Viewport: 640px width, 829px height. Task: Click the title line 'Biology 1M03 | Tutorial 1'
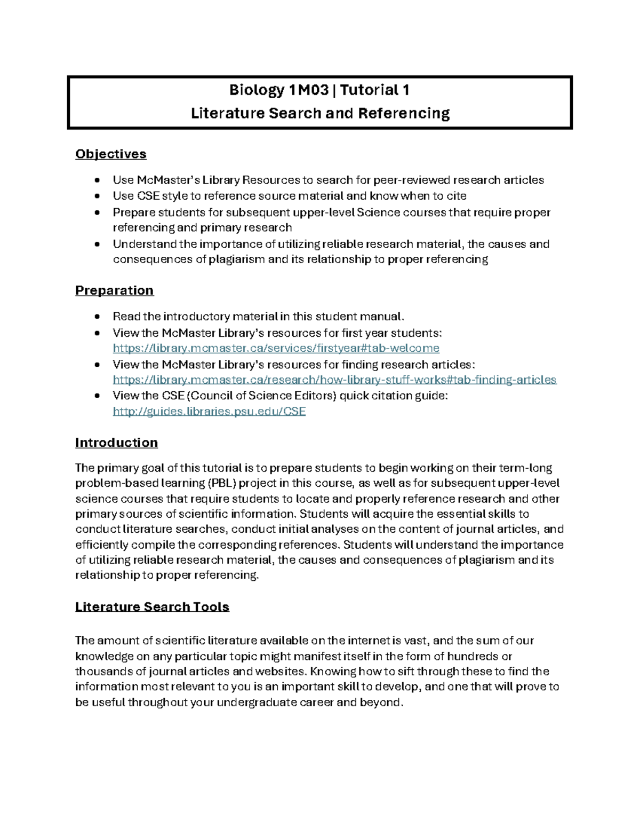click(x=319, y=90)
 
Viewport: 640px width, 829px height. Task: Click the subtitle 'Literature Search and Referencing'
click(x=320, y=113)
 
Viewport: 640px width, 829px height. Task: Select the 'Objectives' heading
click(x=110, y=154)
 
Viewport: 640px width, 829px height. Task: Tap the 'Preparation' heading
click(x=114, y=290)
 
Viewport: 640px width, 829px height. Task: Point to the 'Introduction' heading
click(x=116, y=443)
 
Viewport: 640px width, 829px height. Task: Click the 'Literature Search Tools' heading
click(x=152, y=607)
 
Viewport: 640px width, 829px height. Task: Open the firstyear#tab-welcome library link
click(x=276, y=349)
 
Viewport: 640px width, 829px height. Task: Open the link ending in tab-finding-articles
click(x=334, y=380)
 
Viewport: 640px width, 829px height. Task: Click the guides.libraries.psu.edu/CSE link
click(x=209, y=411)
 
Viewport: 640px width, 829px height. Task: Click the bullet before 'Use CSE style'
click(x=97, y=196)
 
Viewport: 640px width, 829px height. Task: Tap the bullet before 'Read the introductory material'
click(x=97, y=317)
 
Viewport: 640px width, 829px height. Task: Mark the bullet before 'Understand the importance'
click(x=97, y=244)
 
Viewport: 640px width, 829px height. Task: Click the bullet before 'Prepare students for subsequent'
click(x=97, y=212)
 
